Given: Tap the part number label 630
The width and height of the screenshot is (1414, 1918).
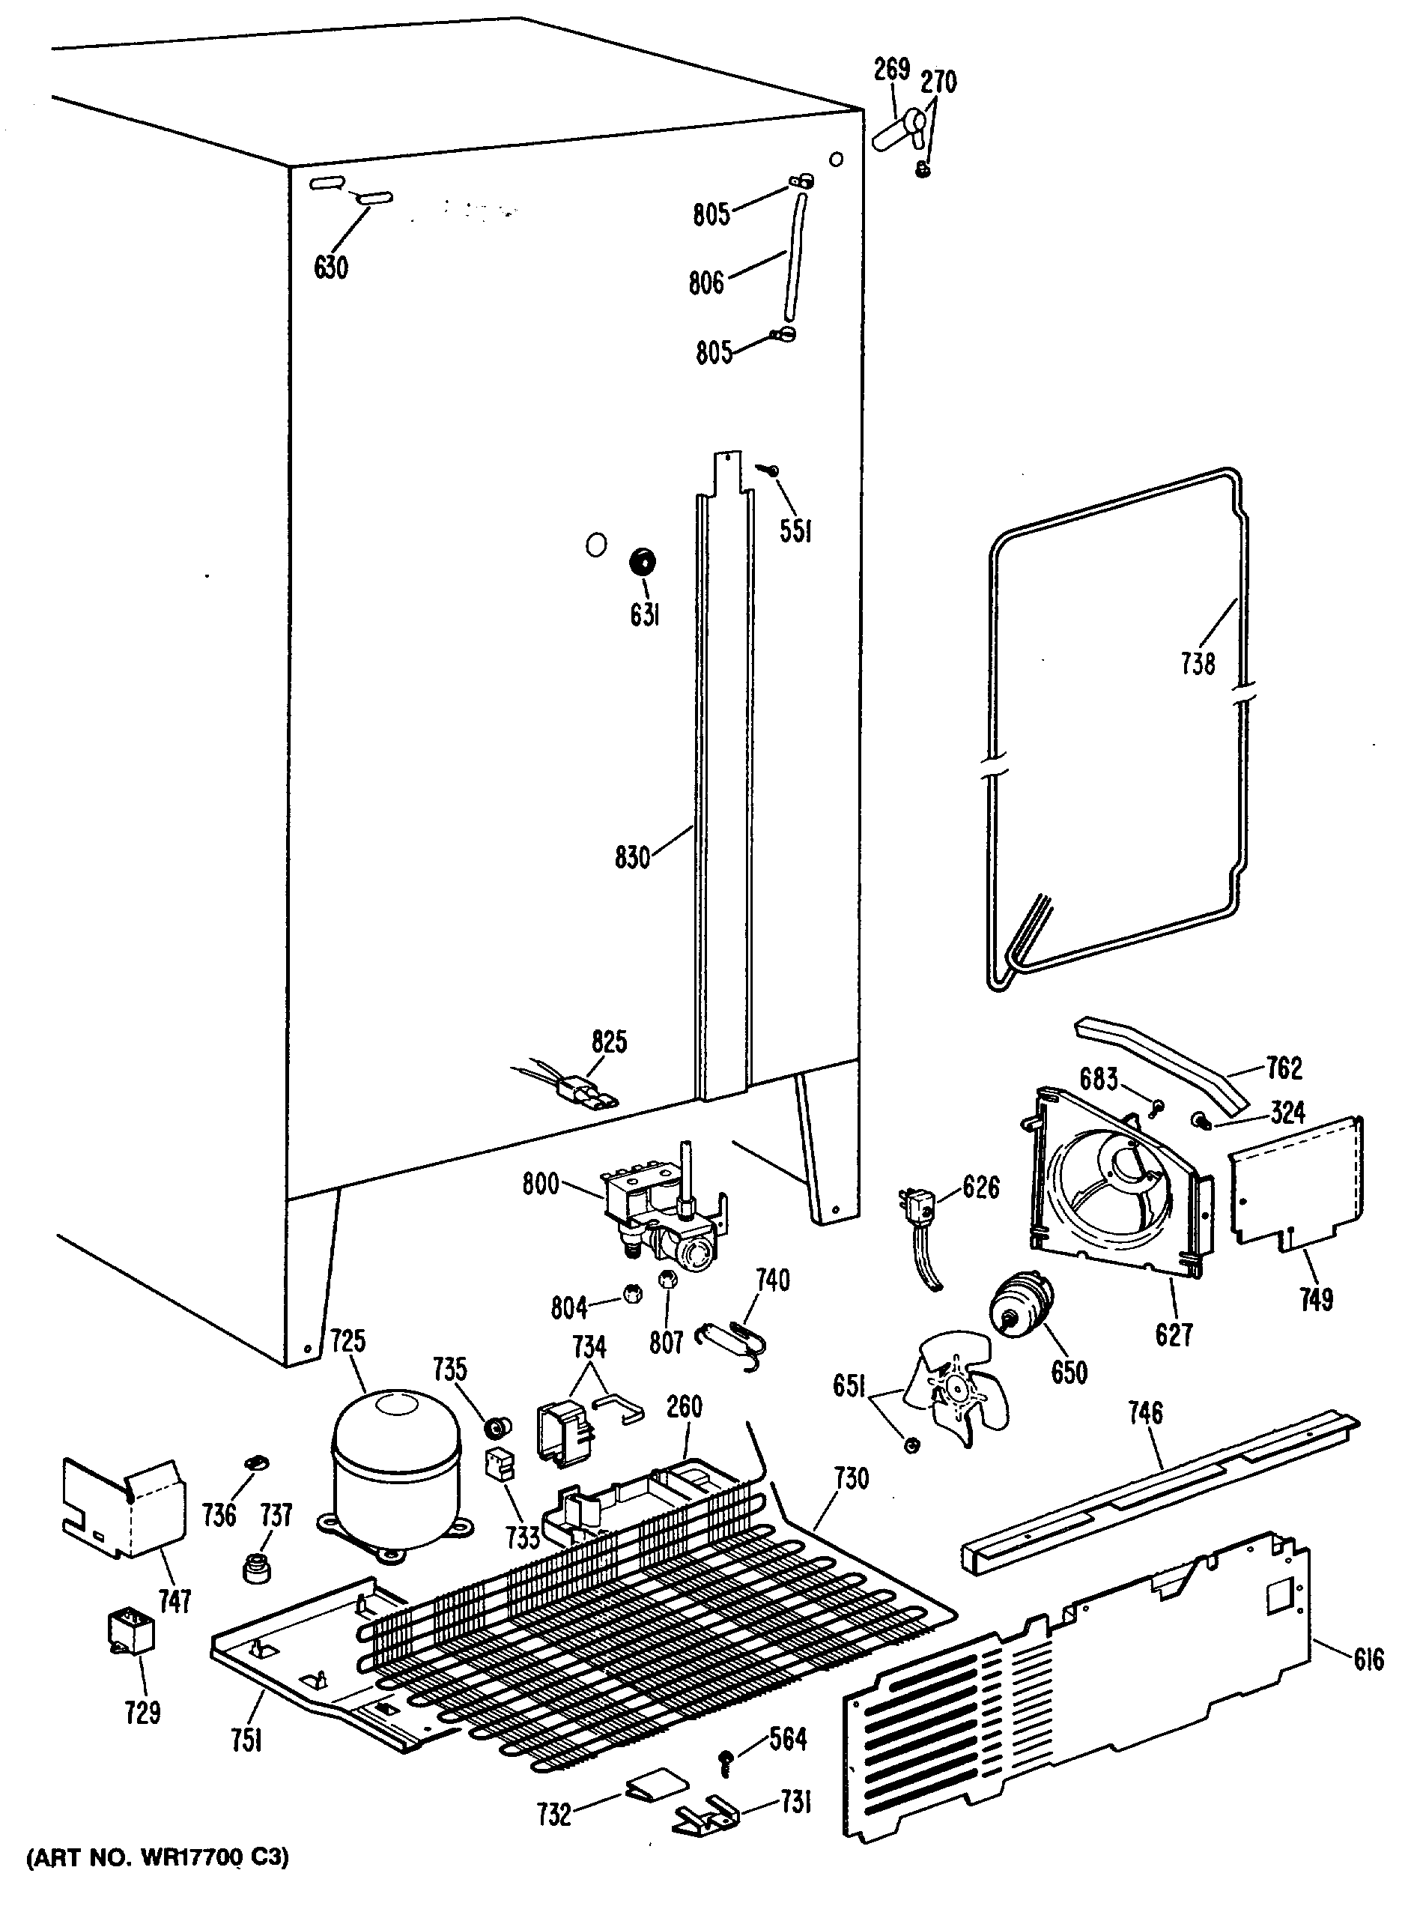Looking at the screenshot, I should (330, 268).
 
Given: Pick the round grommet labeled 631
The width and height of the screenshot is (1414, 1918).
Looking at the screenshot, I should (643, 563).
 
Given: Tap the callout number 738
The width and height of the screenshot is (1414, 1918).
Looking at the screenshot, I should (1198, 663).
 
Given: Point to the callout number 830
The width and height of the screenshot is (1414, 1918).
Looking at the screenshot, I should (633, 857).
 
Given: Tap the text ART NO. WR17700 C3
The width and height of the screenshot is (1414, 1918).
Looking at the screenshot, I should (157, 1880).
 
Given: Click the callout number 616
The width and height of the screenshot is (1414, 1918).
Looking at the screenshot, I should (1368, 1659).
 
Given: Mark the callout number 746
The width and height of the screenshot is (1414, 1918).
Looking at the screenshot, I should (1145, 1412).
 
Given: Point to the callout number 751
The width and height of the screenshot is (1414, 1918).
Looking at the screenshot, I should (246, 1740).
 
